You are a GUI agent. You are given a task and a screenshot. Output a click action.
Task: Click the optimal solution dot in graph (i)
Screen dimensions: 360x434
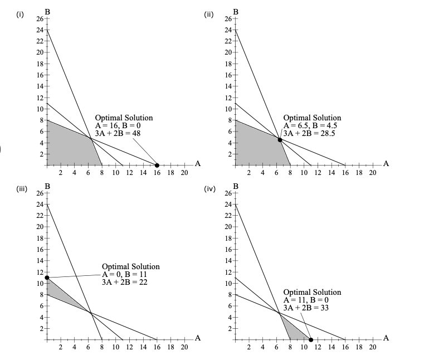(157, 166)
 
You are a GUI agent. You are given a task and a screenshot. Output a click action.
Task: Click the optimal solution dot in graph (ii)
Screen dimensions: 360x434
(280, 140)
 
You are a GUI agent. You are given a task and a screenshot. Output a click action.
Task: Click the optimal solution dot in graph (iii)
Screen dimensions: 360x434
(47, 277)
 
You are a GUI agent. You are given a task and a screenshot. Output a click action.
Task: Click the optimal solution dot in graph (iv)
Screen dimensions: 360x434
(311, 339)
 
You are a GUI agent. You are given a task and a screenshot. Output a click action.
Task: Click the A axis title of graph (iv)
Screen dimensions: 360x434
(386, 338)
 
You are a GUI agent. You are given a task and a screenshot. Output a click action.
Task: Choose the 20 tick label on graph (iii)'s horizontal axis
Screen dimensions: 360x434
(184, 347)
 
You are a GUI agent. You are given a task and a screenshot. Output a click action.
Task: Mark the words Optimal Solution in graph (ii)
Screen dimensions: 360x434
(312, 118)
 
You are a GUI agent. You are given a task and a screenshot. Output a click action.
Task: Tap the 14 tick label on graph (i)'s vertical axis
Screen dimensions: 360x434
(40, 86)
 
